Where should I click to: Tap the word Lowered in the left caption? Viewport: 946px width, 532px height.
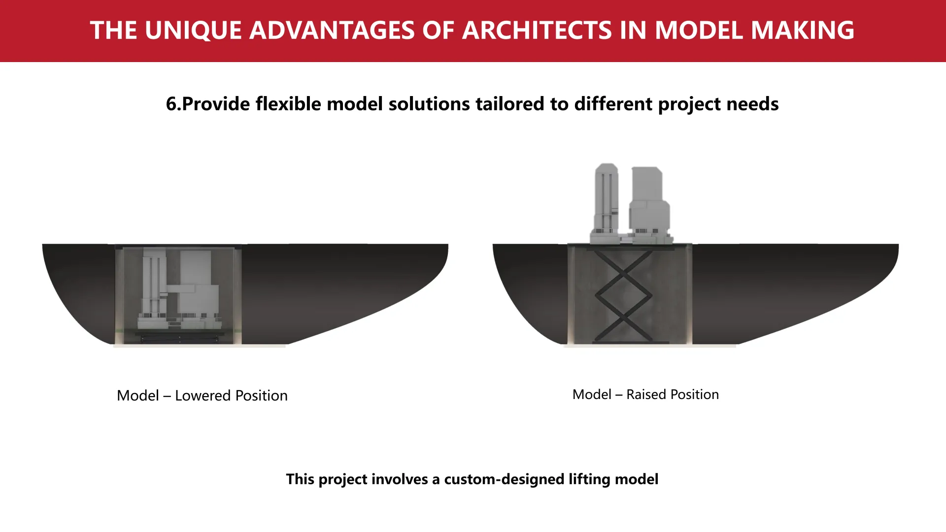[x=203, y=396]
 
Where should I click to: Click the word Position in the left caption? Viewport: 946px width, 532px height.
[x=262, y=396]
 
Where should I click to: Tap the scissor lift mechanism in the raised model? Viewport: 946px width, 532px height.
[x=623, y=296]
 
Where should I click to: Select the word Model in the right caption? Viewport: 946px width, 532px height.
[x=592, y=395]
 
